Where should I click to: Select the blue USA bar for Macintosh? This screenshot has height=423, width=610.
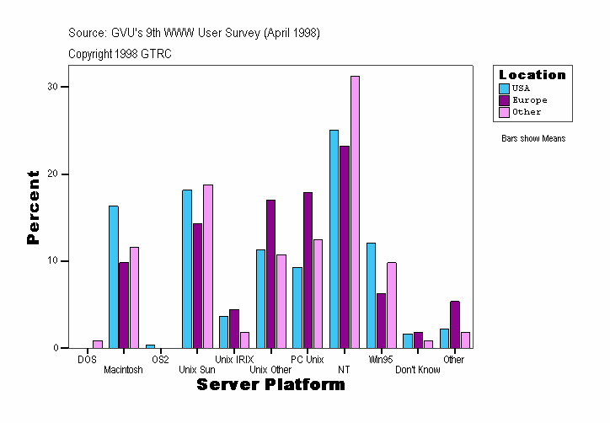click(x=113, y=277)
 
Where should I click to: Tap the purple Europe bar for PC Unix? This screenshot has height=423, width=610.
click(x=308, y=270)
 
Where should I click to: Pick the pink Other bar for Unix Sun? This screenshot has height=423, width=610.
click(x=207, y=266)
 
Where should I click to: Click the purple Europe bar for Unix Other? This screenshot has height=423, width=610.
click(x=270, y=274)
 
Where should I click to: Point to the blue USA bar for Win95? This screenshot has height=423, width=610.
click(x=371, y=296)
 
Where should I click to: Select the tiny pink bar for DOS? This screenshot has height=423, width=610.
click(x=98, y=344)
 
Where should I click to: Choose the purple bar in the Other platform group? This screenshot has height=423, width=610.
click(x=455, y=324)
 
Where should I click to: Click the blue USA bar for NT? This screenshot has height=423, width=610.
click(x=334, y=239)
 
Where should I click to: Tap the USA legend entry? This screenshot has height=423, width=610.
click(x=521, y=88)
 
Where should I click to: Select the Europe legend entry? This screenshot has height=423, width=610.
click(x=528, y=99)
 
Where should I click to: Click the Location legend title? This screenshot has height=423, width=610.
click(x=532, y=75)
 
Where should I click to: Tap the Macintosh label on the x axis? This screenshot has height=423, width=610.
click(x=123, y=370)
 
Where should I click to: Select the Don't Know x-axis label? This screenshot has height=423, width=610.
click(x=417, y=370)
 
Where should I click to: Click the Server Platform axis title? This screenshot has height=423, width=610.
click(x=270, y=385)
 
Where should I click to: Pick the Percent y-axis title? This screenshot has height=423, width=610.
click(x=33, y=207)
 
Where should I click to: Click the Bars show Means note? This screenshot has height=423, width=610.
click(x=532, y=138)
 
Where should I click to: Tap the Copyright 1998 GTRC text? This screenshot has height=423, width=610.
click(x=120, y=54)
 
